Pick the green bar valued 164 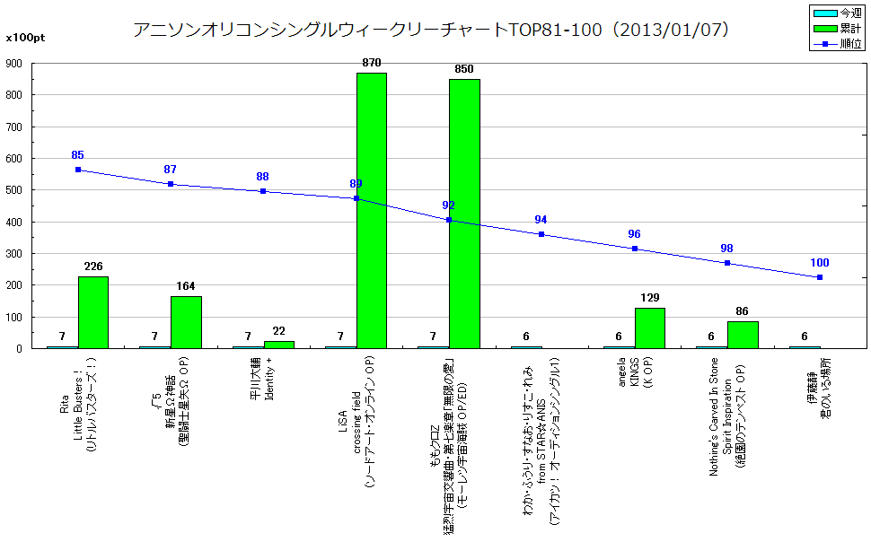[186, 322]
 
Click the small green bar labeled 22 [278, 345]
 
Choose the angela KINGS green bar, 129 [649, 328]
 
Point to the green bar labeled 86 [743, 335]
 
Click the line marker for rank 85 [78, 170]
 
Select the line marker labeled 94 [541, 234]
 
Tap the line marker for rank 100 [819, 277]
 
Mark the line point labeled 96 [634, 249]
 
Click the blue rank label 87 [171, 170]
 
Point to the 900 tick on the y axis [13, 64]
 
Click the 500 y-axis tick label [13, 190]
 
